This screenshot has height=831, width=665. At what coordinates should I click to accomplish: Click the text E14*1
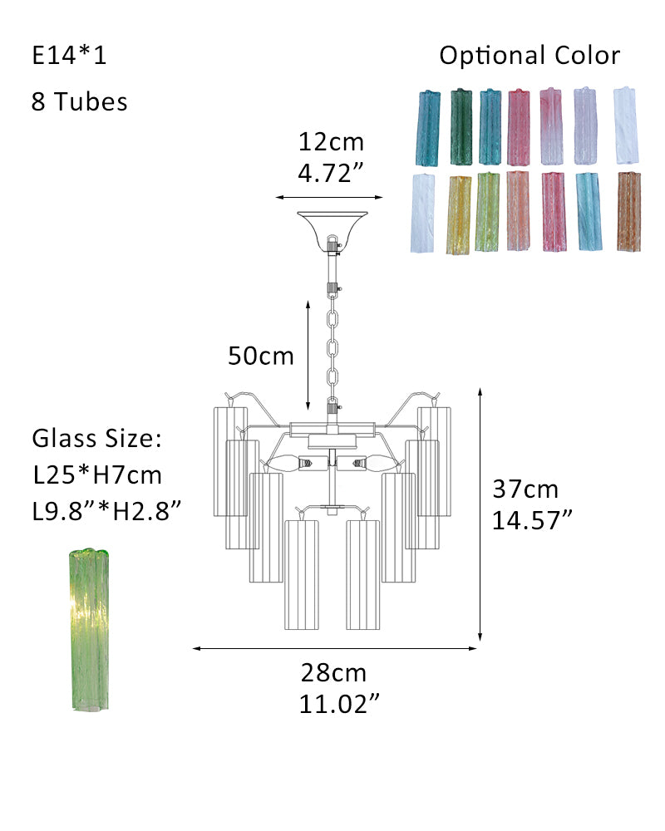point(69,55)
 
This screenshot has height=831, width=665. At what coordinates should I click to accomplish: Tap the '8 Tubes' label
point(80,101)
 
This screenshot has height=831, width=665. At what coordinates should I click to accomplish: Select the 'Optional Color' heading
point(530,56)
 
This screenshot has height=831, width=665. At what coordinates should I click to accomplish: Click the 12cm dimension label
point(331,141)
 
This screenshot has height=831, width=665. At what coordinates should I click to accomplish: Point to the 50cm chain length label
point(260,356)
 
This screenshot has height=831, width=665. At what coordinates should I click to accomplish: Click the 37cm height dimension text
point(525,489)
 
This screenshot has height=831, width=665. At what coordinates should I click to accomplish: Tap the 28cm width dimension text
point(333,672)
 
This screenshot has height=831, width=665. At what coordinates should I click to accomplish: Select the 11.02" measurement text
point(339,704)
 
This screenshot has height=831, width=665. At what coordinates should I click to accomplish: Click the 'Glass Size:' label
point(96,438)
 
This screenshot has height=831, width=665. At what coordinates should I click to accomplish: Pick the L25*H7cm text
point(97,475)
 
